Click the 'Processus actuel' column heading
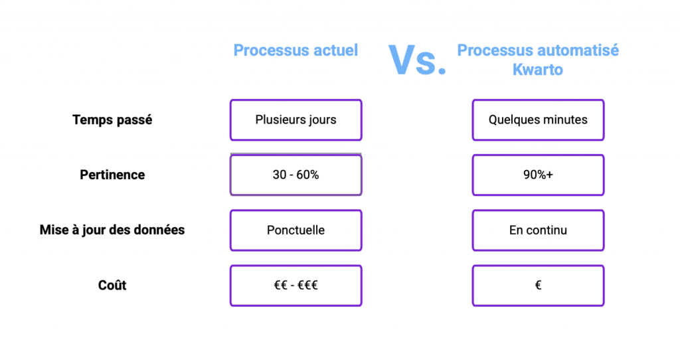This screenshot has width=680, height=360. click(x=296, y=50)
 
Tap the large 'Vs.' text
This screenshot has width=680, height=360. click(x=417, y=60)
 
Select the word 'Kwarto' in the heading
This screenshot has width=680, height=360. click(x=538, y=69)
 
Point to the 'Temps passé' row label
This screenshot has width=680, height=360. click(x=112, y=120)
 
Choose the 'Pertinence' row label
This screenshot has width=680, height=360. click(x=112, y=175)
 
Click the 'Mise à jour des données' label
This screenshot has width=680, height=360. click(x=112, y=230)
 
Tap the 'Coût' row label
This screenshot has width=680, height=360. click(x=112, y=285)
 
